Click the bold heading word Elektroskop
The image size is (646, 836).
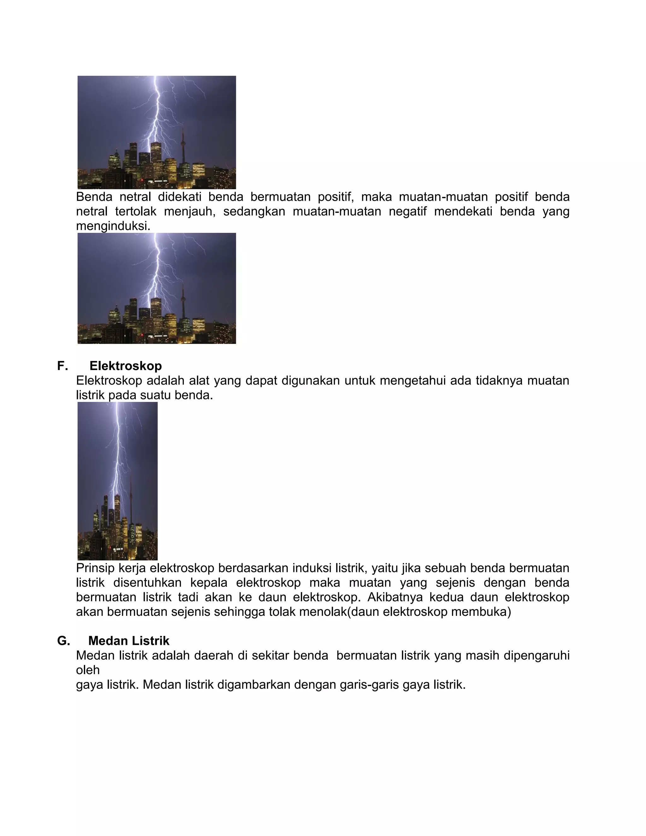(x=126, y=366)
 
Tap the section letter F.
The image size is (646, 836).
(x=62, y=366)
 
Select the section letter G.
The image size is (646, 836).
(x=63, y=641)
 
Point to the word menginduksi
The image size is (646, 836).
(x=113, y=226)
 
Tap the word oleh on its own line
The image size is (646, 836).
(x=88, y=670)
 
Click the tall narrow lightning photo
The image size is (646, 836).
(x=117, y=481)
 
